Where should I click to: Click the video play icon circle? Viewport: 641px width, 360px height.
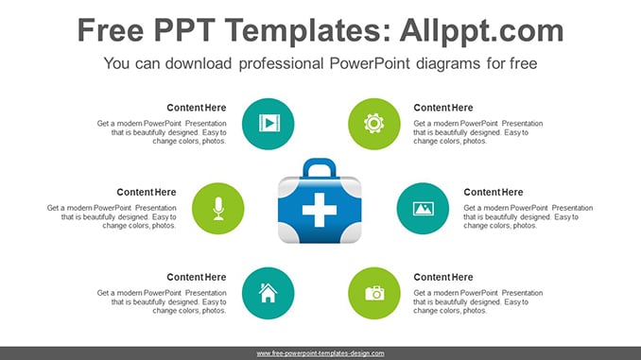coord(268,124)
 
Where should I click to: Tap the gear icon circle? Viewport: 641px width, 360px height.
coord(374,124)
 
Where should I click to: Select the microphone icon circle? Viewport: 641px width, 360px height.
coord(217,209)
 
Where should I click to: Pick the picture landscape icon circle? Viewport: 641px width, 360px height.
coord(423,209)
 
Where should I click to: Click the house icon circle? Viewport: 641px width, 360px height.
coord(268,293)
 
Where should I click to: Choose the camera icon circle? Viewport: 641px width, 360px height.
coord(374,293)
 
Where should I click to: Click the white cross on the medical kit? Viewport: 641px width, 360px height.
coord(320,210)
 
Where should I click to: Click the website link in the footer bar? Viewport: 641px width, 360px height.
coord(320,353)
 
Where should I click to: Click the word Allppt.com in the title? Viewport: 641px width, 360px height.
coord(481,30)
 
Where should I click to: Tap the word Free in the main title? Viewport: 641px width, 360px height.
coord(111,30)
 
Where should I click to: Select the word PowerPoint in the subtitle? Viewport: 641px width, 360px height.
coord(370,63)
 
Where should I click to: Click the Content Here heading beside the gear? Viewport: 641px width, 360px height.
coord(443,108)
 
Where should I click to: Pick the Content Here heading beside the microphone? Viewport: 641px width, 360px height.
coord(147,193)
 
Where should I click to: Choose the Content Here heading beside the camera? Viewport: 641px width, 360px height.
coord(443,278)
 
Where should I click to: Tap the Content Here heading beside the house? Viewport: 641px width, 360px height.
coord(197,278)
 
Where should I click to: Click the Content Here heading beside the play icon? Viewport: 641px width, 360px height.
coord(197,108)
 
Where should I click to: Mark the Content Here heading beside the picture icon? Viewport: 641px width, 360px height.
coord(493,193)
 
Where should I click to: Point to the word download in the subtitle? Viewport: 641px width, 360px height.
coord(199,63)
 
